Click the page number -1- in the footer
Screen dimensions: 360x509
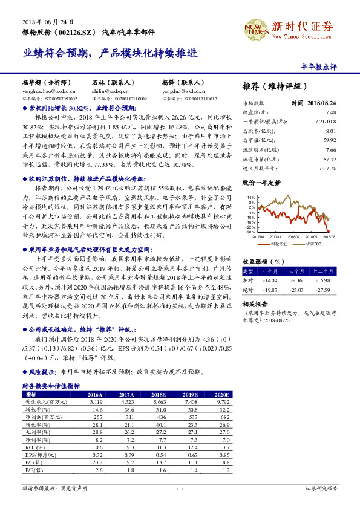pos(180,488)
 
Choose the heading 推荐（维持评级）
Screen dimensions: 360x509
pos(275,86)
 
